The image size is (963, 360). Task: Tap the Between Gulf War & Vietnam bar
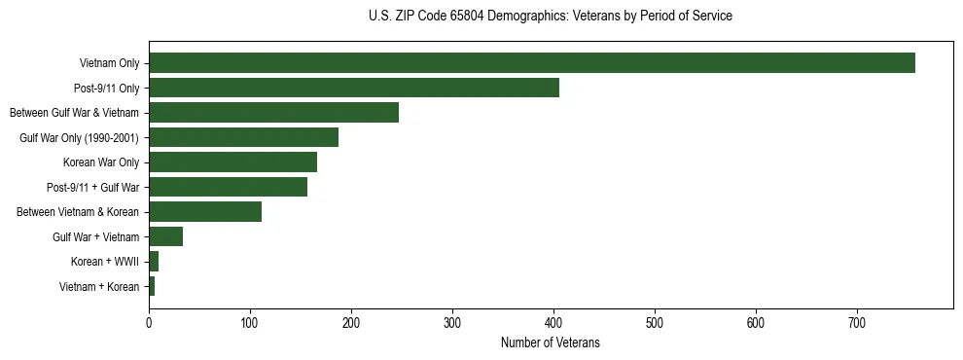[273, 113]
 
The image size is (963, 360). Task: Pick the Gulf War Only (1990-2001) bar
[243, 137]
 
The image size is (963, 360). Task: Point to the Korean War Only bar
[232, 162]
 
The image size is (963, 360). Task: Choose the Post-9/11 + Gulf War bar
[228, 187]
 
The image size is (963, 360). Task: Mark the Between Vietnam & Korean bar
[205, 212]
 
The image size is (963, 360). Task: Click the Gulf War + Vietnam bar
[165, 236]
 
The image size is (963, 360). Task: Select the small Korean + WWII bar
[154, 262]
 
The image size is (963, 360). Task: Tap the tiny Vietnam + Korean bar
[152, 286]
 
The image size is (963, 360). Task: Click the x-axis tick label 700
[857, 323]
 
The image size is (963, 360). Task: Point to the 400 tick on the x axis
[553, 323]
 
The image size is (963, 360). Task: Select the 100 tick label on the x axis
[250, 323]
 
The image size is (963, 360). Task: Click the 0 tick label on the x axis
[149, 323]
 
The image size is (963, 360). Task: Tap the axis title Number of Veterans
[551, 343]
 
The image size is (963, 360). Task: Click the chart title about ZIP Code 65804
[551, 17]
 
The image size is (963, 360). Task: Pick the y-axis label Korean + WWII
[105, 262]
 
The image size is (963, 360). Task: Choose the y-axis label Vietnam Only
[109, 63]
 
